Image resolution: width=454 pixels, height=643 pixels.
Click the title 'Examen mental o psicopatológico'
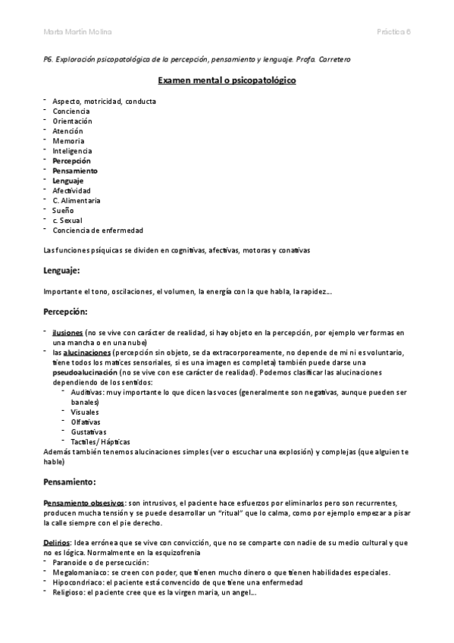227,80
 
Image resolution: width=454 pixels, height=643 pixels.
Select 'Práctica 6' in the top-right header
393,32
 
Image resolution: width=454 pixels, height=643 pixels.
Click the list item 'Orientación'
72,121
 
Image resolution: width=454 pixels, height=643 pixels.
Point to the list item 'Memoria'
68,141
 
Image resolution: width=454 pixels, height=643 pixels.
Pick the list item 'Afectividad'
71,191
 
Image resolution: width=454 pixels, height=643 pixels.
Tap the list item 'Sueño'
64,211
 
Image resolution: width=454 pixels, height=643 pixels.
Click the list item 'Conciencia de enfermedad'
98,231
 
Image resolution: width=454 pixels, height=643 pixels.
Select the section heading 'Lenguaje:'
63,270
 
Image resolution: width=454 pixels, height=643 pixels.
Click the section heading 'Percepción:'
66,312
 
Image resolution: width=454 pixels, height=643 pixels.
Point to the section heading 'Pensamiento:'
70,481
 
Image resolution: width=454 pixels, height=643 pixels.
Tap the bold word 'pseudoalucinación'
85,373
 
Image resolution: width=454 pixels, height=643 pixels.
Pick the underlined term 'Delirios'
58,543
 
